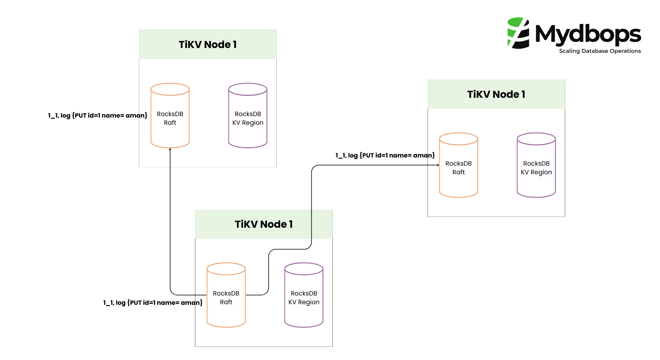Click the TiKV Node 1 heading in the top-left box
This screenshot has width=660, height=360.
208,45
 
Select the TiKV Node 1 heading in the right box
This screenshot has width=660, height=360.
496,94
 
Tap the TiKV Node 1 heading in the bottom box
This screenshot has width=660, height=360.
264,224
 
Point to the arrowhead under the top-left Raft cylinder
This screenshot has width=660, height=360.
170,149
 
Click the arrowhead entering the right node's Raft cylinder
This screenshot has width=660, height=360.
438,165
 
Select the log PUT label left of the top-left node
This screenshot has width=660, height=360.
97,115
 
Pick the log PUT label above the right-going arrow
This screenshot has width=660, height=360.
385,155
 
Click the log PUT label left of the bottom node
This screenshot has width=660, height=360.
153,303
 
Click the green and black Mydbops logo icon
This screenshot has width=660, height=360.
518,33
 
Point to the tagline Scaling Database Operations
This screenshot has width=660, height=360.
600,51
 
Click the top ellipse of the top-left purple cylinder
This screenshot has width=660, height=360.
248,89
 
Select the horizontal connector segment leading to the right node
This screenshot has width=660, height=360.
375,165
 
